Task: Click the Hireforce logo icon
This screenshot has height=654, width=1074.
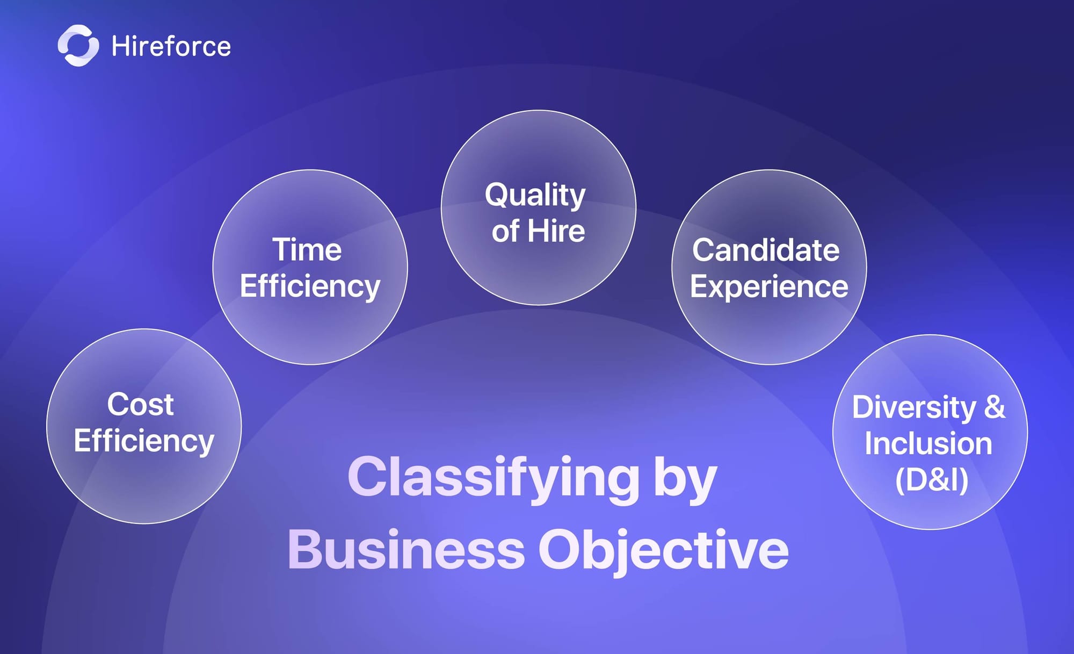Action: tap(78, 46)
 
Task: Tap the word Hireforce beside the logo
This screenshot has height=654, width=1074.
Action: tap(171, 46)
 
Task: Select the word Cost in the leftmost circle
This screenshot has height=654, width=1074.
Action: tap(140, 404)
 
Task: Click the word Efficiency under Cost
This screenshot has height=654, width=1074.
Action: tap(144, 442)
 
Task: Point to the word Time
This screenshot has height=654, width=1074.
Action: tap(307, 250)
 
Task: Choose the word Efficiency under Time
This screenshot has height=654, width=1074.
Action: tap(310, 287)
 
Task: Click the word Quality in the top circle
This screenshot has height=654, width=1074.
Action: tap(535, 195)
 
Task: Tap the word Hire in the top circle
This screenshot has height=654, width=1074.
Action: tap(556, 231)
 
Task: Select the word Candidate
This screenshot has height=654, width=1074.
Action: tap(766, 250)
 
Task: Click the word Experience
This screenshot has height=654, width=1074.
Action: tap(769, 287)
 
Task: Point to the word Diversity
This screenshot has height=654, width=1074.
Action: tap(914, 407)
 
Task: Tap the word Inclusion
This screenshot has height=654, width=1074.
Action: tap(928, 444)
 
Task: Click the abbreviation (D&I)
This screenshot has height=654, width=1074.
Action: tap(932, 480)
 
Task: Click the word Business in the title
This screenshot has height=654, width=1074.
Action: tap(406, 550)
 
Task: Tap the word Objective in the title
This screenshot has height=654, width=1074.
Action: tap(664, 551)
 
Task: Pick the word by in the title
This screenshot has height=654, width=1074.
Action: tap(686, 478)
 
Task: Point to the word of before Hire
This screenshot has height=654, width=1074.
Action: tap(505, 231)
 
